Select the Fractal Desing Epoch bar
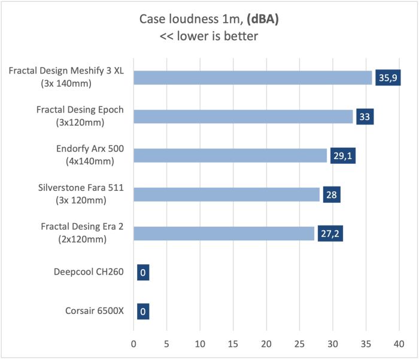click(x=243, y=117)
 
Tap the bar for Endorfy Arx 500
click(x=230, y=155)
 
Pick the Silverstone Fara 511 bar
click(x=226, y=194)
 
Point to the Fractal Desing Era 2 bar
click(x=224, y=233)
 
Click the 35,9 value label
click(x=387, y=78)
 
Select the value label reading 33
click(x=365, y=117)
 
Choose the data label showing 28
click(x=332, y=194)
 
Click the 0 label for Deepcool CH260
click(x=142, y=272)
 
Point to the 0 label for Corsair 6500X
click(x=142, y=311)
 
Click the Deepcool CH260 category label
click(x=89, y=272)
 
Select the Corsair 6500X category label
click(x=91, y=311)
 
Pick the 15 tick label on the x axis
click(x=233, y=344)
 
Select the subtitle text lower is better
click(x=218, y=36)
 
